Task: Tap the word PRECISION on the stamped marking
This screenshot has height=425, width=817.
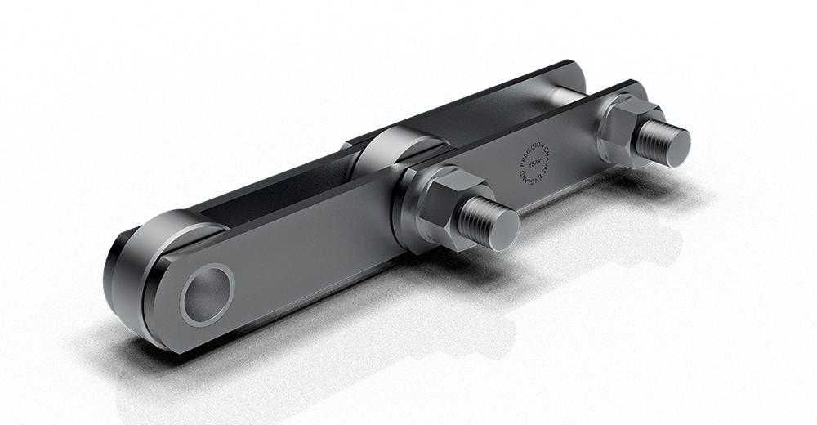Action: [x=523, y=151]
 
